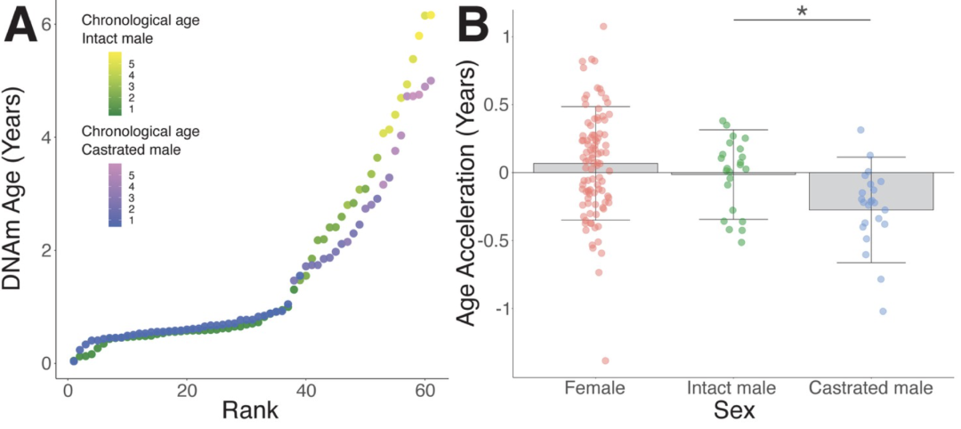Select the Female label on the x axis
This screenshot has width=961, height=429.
pyautogui.click(x=595, y=389)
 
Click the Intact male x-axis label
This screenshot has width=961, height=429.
pyautogui.click(x=732, y=389)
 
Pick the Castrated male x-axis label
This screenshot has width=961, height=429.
pyautogui.click(x=870, y=389)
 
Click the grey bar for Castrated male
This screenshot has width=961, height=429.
pyautogui.click(x=870, y=190)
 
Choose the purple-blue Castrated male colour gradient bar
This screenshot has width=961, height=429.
pyautogui.click(x=115, y=194)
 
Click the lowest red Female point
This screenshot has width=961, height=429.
pyautogui.click(x=606, y=360)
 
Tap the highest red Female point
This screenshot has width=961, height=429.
pyautogui.click(x=603, y=27)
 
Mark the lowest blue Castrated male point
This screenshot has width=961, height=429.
pyautogui.click(x=883, y=312)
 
